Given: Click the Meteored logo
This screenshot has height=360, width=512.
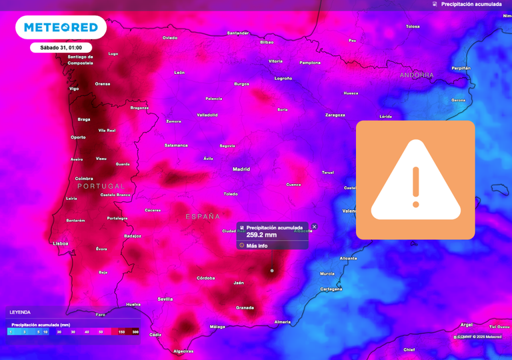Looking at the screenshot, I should click(61, 27).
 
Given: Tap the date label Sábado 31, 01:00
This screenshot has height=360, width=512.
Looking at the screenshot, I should click(61, 48).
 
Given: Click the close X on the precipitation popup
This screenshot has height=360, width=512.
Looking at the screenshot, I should click(314, 227).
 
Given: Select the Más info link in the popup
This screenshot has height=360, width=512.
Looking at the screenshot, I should click(257, 245).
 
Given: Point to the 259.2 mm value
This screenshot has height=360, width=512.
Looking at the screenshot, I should click(261, 235).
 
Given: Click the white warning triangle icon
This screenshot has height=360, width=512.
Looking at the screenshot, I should click(415, 180).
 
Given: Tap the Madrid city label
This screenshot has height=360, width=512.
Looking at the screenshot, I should click(241, 169).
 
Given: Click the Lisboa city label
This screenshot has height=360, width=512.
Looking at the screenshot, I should click(61, 243).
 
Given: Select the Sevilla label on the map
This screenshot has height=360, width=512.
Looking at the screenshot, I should click(165, 299).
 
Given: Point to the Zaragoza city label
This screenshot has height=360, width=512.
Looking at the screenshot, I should click(335, 115).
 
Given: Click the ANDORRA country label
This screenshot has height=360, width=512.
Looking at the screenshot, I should click(417, 75).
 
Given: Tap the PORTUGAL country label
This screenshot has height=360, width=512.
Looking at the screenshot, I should click(101, 186).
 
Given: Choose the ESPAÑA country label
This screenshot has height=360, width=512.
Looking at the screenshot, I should click(203, 217).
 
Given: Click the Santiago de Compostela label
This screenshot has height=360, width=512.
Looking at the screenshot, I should click(81, 59).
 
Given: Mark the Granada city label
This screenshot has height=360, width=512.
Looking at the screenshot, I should click(245, 308).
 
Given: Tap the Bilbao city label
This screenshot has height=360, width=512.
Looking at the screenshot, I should click(267, 42).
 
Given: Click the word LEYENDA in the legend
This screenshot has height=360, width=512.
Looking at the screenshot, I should click(20, 312).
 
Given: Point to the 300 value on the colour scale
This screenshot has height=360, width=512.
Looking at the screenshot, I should click(135, 331).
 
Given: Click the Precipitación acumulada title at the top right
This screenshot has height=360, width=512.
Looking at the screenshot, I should click(471, 4).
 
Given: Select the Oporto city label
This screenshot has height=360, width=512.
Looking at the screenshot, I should click(78, 137).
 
